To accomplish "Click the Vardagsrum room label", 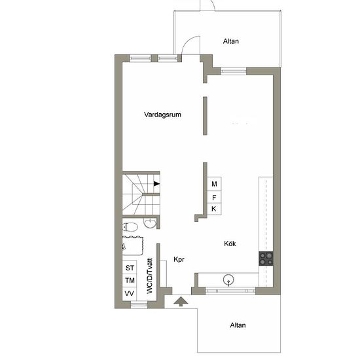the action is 162,115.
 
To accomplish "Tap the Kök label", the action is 230,243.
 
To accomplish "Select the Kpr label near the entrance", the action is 179,259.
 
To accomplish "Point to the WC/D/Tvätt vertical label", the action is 149,276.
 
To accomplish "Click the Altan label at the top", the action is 231,41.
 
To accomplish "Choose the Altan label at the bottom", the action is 238,325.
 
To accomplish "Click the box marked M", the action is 214,184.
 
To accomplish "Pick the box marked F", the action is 214,197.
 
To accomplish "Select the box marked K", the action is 214,209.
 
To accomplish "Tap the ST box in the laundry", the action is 130,267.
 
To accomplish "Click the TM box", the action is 130,280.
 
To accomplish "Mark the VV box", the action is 130,294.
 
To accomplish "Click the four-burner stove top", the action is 266,259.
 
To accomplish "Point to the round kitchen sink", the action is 228,280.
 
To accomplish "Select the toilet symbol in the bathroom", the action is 130,227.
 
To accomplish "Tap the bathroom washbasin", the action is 150,223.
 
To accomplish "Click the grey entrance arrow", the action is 181,302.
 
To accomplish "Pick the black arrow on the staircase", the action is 157,184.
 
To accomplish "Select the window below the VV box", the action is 139,304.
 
